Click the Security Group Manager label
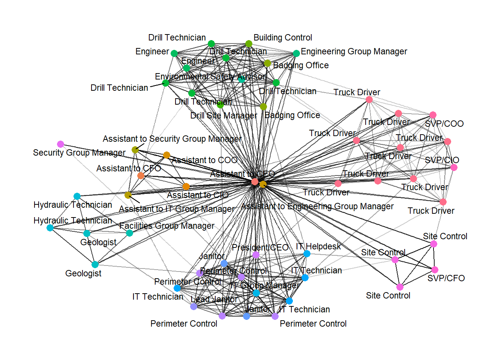click(79, 153)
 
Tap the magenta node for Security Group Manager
click(60, 144)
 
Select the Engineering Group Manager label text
click(354, 51)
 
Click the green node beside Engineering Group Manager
click(296, 53)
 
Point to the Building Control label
click(283, 37)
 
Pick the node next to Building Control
click(249, 44)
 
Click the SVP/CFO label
click(446, 278)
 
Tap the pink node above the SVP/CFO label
click(435, 270)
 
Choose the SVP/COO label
click(444, 124)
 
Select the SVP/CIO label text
click(442, 160)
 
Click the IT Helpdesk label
click(318, 246)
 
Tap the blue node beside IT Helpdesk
click(307, 253)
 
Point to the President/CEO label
click(260, 247)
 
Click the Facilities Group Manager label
click(167, 226)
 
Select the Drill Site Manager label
click(223, 115)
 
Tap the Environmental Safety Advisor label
click(210, 76)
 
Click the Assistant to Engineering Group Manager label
click(317, 206)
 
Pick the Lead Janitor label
click(214, 299)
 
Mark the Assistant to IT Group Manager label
click(177, 209)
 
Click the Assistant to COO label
click(204, 160)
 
